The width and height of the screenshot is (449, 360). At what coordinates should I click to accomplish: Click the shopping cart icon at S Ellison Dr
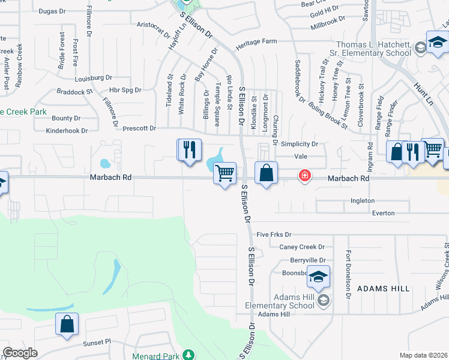coord(224,173)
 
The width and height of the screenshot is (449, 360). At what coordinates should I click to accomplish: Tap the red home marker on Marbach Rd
coord(305,175)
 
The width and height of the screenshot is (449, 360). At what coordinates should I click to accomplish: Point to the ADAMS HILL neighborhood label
coord(384,289)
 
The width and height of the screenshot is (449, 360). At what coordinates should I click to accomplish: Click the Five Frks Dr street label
coord(273,234)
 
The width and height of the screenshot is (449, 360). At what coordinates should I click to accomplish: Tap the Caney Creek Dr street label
coord(301,247)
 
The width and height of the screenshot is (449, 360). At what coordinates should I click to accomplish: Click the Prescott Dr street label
coord(139,128)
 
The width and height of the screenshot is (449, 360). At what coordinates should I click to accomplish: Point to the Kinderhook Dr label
coord(67,130)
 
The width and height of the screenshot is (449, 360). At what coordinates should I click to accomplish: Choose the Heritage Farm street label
coord(256,42)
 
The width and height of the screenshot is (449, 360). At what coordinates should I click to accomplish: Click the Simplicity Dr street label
coord(299,145)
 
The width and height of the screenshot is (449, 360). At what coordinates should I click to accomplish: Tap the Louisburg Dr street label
coord(94,78)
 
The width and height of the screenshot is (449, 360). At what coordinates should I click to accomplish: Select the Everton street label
coord(383,213)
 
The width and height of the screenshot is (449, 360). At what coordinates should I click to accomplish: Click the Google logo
coord(20,353)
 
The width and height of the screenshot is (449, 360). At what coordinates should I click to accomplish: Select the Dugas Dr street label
coord(51,11)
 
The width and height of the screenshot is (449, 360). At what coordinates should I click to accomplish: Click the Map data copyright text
coord(423,355)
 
